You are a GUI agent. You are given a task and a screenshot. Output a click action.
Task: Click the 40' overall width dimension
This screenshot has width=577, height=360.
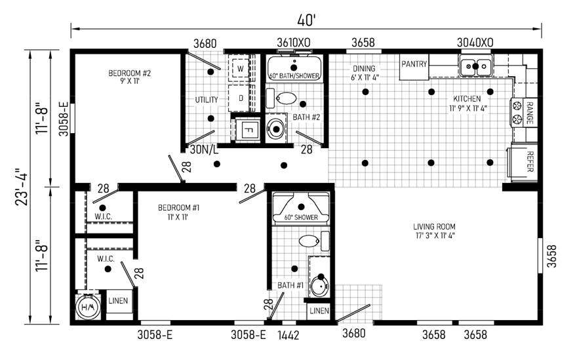(x=307, y=20)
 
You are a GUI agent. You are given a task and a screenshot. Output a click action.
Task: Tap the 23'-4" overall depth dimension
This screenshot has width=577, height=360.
(x=22, y=187)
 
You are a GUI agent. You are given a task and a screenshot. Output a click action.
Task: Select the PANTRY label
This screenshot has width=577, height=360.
(x=414, y=64)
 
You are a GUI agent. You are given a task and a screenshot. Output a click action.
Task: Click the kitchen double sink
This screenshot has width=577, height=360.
(x=475, y=66)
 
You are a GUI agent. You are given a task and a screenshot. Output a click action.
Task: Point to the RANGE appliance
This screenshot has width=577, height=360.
(x=524, y=113)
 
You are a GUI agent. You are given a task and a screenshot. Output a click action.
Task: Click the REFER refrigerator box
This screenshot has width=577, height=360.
(x=523, y=162)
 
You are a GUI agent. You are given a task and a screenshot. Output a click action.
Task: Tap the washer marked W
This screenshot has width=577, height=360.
(x=240, y=68)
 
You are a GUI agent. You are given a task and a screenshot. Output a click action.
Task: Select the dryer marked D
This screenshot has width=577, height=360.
(x=241, y=98)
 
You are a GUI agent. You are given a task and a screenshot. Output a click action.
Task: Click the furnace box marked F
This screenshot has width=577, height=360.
(x=248, y=129)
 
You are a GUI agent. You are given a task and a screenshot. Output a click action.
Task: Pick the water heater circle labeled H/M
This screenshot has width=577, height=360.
(x=88, y=307)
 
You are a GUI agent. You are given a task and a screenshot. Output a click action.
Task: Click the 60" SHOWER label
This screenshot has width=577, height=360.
(x=301, y=217)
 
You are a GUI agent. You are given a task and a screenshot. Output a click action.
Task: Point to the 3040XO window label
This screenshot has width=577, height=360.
(x=475, y=43)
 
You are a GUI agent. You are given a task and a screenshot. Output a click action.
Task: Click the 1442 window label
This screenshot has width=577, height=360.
(x=288, y=335)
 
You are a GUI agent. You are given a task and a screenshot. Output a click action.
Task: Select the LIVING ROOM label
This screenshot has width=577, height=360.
(x=434, y=227)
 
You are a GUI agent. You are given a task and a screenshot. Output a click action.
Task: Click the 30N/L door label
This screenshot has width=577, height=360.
(x=204, y=150)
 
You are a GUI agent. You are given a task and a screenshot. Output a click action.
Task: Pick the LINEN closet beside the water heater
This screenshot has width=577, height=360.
(x=118, y=301)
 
